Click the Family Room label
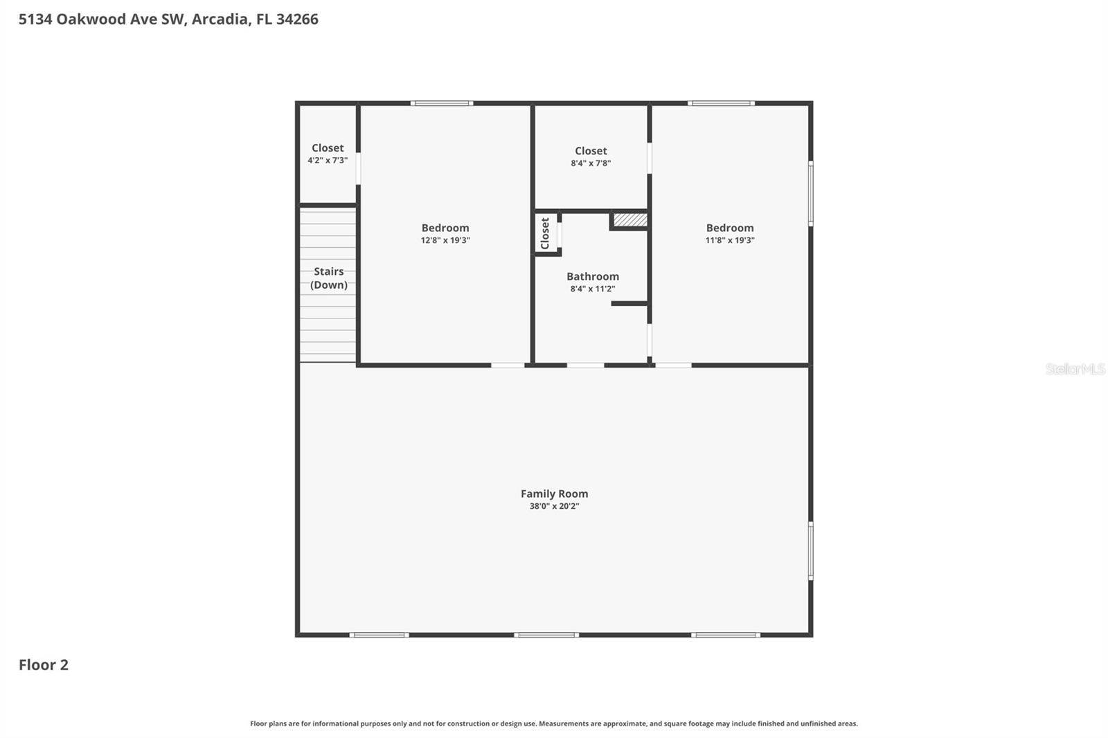[x=554, y=494]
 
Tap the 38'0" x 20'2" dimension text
[x=554, y=506]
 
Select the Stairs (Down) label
[x=329, y=278]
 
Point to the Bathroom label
[x=593, y=276]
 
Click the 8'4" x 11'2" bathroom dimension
[x=593, y=289]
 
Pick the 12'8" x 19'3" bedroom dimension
[x=445, y=240]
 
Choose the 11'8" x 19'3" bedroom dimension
[x=730, y=240]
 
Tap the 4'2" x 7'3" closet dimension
[x=328, y=160]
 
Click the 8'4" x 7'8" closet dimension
[x=591, y=163]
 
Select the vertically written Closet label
[x=545, y=233]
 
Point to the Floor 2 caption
[x=44, y=665]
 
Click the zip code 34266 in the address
[x=297, y=19]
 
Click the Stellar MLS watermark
[x=1075, y=369]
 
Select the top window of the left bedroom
[x=442, y=103]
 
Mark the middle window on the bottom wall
[x=546, y=634]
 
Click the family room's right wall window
[x=810, y=550]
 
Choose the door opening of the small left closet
[x=358, y=168]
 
